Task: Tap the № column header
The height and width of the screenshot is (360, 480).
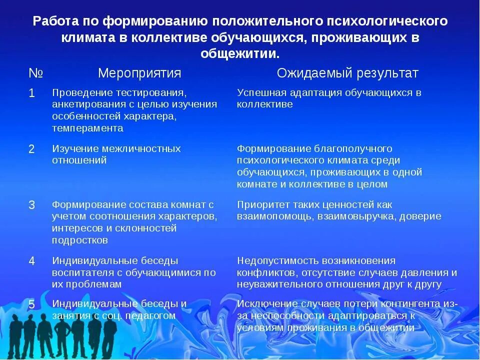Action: (x=35, y=73)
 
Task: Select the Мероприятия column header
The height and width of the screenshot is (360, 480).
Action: (x=139, y=73)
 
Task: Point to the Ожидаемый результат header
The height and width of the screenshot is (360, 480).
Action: (x=347, y=73)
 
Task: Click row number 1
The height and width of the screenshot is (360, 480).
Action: (x=31, y=93)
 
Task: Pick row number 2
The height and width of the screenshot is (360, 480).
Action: (x=31, y=149)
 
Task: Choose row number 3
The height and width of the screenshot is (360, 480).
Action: (x=31, y=205)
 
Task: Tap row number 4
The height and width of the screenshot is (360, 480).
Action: (x=31, y=261)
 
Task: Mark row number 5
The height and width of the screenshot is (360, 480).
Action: (x=31, y=304)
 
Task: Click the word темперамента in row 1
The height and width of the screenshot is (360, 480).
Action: (x=87, y=128)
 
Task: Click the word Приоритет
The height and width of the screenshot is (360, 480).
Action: (x=262, y=205)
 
